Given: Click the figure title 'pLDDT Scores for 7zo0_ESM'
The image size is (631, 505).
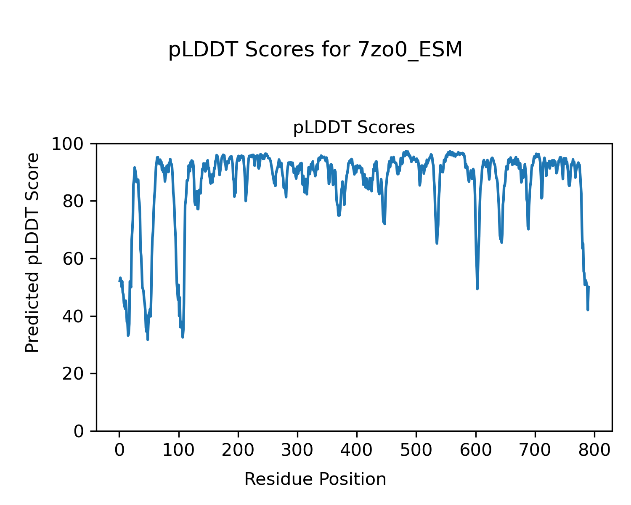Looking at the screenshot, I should coord(315,50).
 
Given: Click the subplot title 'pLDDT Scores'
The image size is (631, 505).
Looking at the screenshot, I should coord(354,128).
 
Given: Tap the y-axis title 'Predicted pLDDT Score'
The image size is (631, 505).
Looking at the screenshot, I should coord(32,252).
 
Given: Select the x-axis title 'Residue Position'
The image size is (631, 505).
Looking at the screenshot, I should coord(315,479).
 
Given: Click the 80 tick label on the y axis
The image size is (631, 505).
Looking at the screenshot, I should coord(77,202).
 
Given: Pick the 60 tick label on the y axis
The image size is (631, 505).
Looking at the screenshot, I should coord(77,259).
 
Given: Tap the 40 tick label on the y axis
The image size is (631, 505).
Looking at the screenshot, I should coord(77,316).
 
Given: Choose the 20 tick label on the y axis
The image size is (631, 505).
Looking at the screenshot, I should coord(77,374).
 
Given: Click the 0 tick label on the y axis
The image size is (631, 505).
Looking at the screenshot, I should coord(82,431).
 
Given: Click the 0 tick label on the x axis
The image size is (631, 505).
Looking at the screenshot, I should coord(119,451).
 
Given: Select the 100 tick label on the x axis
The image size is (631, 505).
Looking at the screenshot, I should coord(179,451).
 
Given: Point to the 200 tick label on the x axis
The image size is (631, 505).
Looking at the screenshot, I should coord(238,451).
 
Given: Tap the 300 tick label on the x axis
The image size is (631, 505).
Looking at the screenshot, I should coord(297,451).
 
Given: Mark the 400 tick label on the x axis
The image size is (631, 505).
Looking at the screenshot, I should coord(357,451).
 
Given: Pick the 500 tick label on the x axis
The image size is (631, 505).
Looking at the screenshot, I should coord(416,451).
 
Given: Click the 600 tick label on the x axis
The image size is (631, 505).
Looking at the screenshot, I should coord(476,451).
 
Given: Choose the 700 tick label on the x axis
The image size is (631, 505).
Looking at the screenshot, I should coord(535,451).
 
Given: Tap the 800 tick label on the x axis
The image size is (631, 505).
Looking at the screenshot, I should coord(594,451).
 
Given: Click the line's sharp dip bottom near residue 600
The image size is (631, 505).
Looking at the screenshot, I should coord(477,288).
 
